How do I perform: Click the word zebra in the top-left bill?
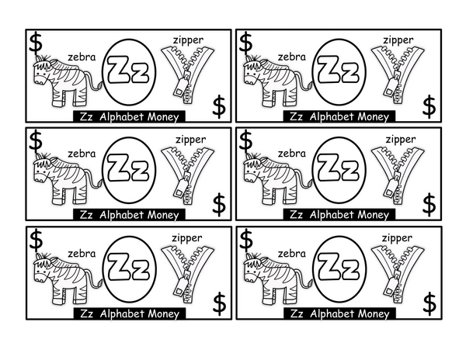(82, 57)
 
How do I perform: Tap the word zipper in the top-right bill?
(398, 40)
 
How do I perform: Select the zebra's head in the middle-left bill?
(43, 169)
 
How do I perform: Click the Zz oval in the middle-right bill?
(339, 170)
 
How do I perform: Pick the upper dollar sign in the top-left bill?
(36, 43)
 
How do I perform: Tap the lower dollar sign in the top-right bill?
(429, 106)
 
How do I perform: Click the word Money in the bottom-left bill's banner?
(163, 313)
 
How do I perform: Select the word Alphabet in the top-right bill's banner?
(332, 116)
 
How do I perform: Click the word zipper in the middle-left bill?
(190, 140)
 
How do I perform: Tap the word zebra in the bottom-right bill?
(291, 254)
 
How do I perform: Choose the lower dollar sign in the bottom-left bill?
(219, 303)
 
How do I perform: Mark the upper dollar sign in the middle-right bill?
(246, 140)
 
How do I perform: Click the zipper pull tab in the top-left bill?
(180, 88)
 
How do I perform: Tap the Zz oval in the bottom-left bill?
(129, 269)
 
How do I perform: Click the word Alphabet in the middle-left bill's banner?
(121, 215)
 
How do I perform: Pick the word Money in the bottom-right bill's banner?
(374, 313)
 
